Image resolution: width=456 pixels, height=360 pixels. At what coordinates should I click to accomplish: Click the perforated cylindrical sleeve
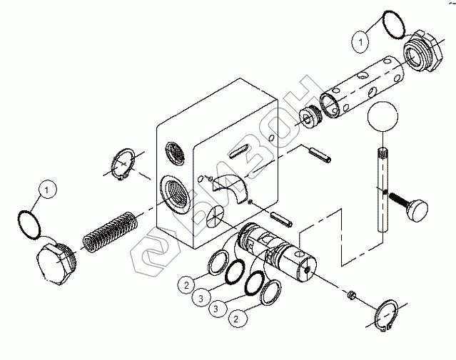tap(360, 89)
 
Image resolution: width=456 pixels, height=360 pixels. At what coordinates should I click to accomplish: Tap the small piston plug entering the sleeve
tap(309, 115)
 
